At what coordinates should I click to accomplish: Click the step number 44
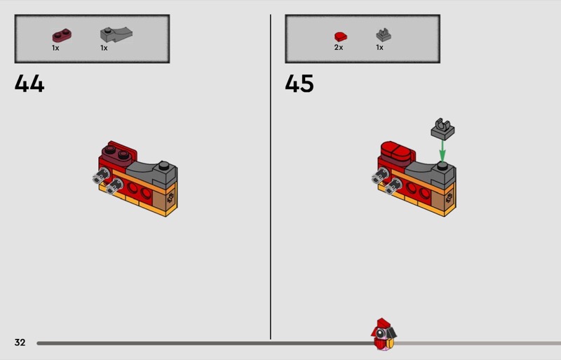point(29,84)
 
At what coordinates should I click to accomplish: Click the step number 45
point(299,84)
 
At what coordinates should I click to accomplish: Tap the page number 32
point(20,342)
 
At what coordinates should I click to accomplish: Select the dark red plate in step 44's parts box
point(62,36)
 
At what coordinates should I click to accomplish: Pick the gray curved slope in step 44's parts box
point(116,34)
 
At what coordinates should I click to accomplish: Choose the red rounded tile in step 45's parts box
point(341,36)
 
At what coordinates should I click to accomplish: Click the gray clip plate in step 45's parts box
point(384,35)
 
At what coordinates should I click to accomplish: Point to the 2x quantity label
point(339,48)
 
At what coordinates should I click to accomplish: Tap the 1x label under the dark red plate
point(55,48)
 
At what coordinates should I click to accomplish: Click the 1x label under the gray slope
point(104,48)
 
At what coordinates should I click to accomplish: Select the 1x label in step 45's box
point(379,48)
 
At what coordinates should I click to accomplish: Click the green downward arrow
point(442,151)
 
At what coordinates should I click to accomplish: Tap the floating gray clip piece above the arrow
point(442,129)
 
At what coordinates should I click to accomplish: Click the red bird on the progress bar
point(384,334)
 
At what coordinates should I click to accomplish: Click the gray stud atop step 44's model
point(164,166)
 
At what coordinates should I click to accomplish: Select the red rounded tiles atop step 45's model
point(396,151)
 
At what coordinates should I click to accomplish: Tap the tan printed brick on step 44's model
point(165,199)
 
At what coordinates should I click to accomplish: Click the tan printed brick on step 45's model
point(443,199)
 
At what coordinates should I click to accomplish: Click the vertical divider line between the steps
point(271,177)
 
